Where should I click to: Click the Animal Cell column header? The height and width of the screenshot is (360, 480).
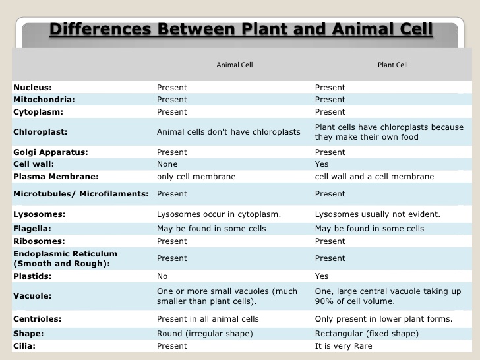click(234, 65)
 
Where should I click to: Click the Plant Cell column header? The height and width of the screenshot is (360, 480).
click(393, 65)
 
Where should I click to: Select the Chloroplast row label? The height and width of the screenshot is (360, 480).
click(40, 132)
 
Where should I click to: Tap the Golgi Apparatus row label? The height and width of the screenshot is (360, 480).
click(51, 152)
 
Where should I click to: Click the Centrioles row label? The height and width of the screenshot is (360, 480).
click(38, 319)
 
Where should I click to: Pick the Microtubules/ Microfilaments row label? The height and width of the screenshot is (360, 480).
click(81, 194)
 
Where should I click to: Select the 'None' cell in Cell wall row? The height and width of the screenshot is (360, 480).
click(167, 164)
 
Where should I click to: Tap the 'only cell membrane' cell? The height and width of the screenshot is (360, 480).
click(196, 177)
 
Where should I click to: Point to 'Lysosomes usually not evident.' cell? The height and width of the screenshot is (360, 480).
click(377, 214)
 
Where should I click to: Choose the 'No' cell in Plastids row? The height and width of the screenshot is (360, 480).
click(162, 276)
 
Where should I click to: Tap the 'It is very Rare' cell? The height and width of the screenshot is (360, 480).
click(344, 346)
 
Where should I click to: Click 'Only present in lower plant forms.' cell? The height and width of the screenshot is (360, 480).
click(384, 319)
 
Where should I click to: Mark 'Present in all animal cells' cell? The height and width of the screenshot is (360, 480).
click(208, 319)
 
